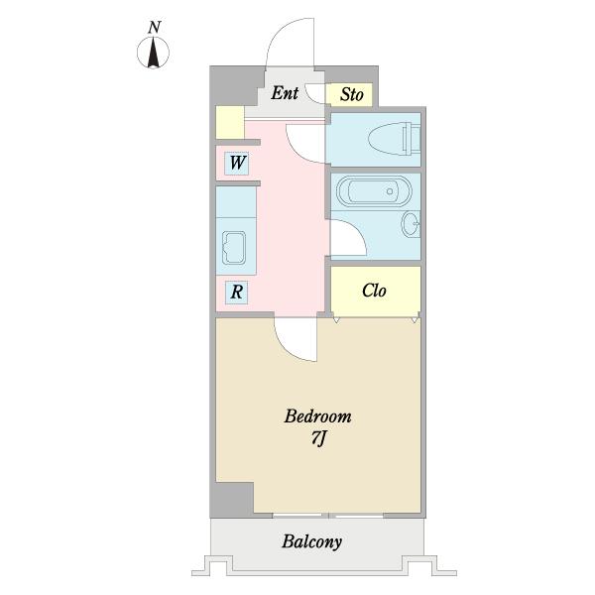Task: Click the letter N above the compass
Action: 155,28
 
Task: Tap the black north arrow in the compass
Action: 153,53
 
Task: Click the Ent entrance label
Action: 285,93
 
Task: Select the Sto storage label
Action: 352,94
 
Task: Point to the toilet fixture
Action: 395,139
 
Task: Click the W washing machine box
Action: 237,164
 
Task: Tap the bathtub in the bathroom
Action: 374,190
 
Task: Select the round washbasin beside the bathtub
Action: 411,224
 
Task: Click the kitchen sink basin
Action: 234,248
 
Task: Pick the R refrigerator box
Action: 236,293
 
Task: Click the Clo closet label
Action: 374,291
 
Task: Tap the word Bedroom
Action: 318,416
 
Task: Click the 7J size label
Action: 318,438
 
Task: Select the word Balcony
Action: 311,541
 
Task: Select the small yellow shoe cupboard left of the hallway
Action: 230,122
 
